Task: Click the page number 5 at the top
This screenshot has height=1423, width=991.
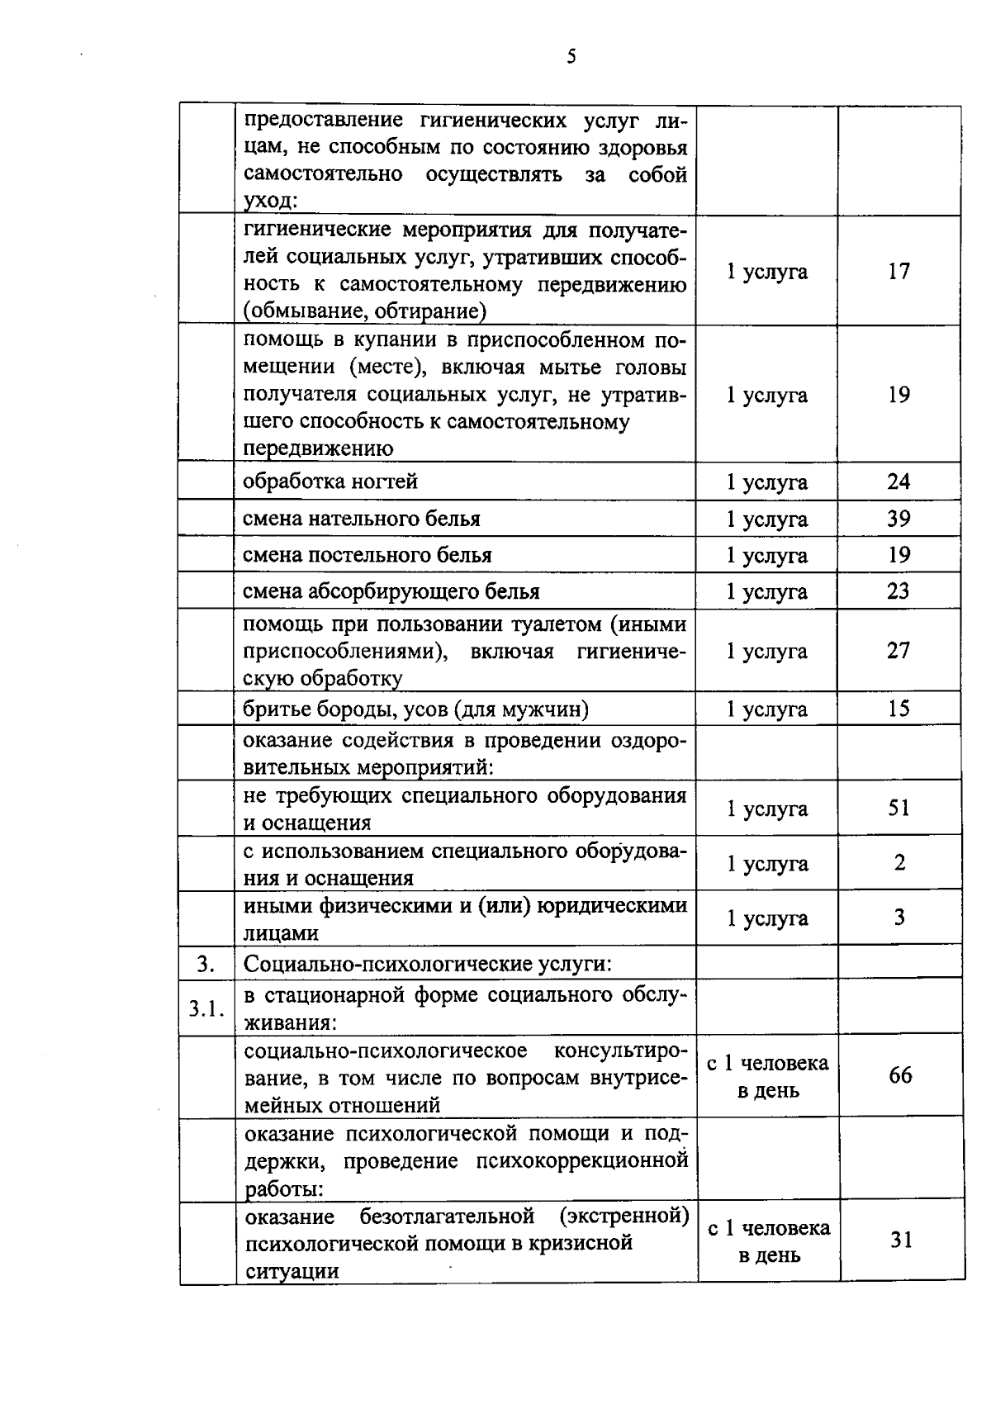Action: [x=571, y=57]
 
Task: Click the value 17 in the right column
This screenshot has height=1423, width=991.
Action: [x=899, y=272]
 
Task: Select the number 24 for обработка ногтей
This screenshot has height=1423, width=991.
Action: [x=899, y=481]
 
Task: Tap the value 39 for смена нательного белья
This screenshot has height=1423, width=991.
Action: [x=899, y=519]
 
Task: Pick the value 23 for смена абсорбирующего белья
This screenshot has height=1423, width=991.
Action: [x=899, y=591]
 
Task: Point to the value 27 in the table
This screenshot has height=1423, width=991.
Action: [x=899, y=651]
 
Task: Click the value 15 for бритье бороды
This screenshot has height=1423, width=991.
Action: [x=899, y=709]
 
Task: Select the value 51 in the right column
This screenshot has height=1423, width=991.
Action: [x=899, y=808]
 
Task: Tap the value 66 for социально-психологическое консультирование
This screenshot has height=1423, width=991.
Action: [x=900, y=1075]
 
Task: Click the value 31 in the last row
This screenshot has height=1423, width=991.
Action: [x=901, y=1240]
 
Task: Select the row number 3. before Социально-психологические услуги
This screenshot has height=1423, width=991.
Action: [x=206, y=964]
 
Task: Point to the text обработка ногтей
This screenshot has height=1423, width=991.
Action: [x=330, y=481]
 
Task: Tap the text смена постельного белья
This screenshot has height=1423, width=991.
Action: [x=367, y=555]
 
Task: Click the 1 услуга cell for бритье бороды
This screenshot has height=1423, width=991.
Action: [x=766, y=709]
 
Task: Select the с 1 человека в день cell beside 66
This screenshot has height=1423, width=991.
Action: [x=767, y=1076]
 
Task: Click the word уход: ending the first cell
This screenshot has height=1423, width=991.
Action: [x=270, y=202]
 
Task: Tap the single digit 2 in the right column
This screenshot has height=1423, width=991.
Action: [x=899, y=863]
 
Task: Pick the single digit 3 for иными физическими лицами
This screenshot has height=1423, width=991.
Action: [x=899, y=918]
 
